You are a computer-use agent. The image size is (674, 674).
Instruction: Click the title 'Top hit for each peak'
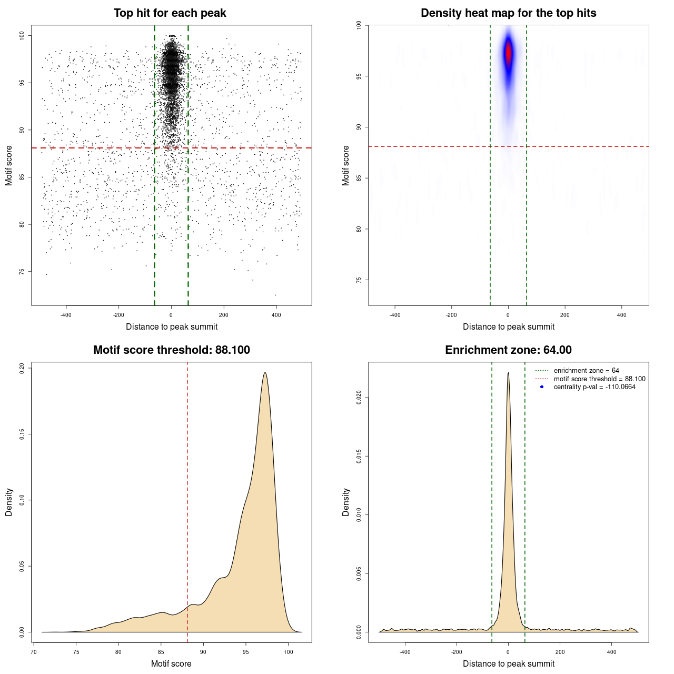pyautogui.click(x=170, y=13)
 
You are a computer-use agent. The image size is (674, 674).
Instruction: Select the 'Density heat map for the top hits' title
pyautogui.click(x=508, y=13)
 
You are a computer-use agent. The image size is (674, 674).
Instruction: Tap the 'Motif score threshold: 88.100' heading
pyautogui.click(x=171, y=350)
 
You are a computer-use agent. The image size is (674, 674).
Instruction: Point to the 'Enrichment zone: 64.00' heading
pyautogui.click(x=508, y=350)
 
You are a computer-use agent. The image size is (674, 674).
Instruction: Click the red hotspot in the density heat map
pyautogui.click(x=508, y=53)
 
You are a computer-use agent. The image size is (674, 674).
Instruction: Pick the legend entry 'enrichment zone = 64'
pyautogui.click(x=586, y=371)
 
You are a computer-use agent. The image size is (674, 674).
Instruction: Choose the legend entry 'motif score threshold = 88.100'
pyautogui.click(x=599, y=379)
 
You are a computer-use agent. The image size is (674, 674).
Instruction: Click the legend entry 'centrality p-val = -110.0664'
pyautogui.click(x=594, y=387)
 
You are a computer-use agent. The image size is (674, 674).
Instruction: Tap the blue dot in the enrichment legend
pyautogui.click(x=542, y=387)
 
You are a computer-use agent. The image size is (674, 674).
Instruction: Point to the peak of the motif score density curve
pyautogui.click(x=265, y=373)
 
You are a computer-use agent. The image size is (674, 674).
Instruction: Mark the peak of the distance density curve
pyautogui.click(x=508, y=373)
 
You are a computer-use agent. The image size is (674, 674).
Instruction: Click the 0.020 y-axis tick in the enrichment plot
pyautogui.click(x=359, y=398)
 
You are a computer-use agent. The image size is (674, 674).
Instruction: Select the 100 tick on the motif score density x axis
pyautogui.click(x=288, y=652)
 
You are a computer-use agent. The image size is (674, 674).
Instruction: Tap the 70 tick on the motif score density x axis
pyautogui.click(x=34, y=652)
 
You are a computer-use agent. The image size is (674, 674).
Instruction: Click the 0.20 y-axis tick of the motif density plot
pyautogui.click(x=22, y=368)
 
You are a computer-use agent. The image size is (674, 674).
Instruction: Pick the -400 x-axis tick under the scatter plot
pyautogui.click(x=66, y=315)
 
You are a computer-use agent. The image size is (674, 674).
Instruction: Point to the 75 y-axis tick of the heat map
pyautogui.click(x=359, y=280)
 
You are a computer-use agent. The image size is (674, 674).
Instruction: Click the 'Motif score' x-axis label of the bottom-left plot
pyautogui.click(x=171, y=663)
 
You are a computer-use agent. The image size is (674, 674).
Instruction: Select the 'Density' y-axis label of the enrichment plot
pyautogui.click(x=346, y=502)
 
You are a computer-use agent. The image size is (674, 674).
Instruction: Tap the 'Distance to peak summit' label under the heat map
pyautogui.click(x=508, y=326)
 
